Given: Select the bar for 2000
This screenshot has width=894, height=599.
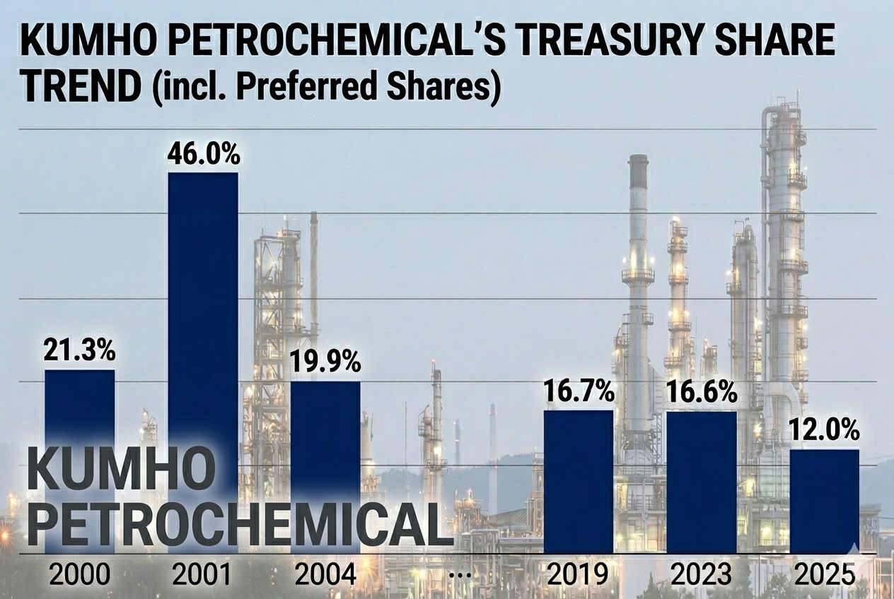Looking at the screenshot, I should click(x=80, y=410).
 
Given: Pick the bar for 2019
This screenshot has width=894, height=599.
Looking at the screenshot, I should click(x=579, y=481).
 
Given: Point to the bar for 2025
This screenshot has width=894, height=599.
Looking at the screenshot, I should click(x=825, y=501).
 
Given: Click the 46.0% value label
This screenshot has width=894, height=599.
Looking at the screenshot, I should click(x=204, y=155).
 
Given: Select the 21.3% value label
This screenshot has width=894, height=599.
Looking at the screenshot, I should click(x=79, y=351).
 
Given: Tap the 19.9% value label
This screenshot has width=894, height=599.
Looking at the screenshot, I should click(x=326, y=363).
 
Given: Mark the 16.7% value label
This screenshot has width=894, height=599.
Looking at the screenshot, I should click(x=579, y=393).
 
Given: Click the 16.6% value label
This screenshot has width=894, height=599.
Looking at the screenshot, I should click(x=702, y=393).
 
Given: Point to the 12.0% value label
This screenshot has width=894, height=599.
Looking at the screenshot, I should click(x=825, y=430).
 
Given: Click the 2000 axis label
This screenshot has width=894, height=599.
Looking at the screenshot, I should click(x=79, y=575).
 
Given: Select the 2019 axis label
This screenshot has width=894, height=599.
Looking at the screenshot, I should click(x=579, y=575).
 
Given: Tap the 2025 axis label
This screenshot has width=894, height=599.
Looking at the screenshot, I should click(x=825, y=575).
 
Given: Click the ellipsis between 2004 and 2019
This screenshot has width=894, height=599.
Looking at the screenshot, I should click(x=460, y=576).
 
